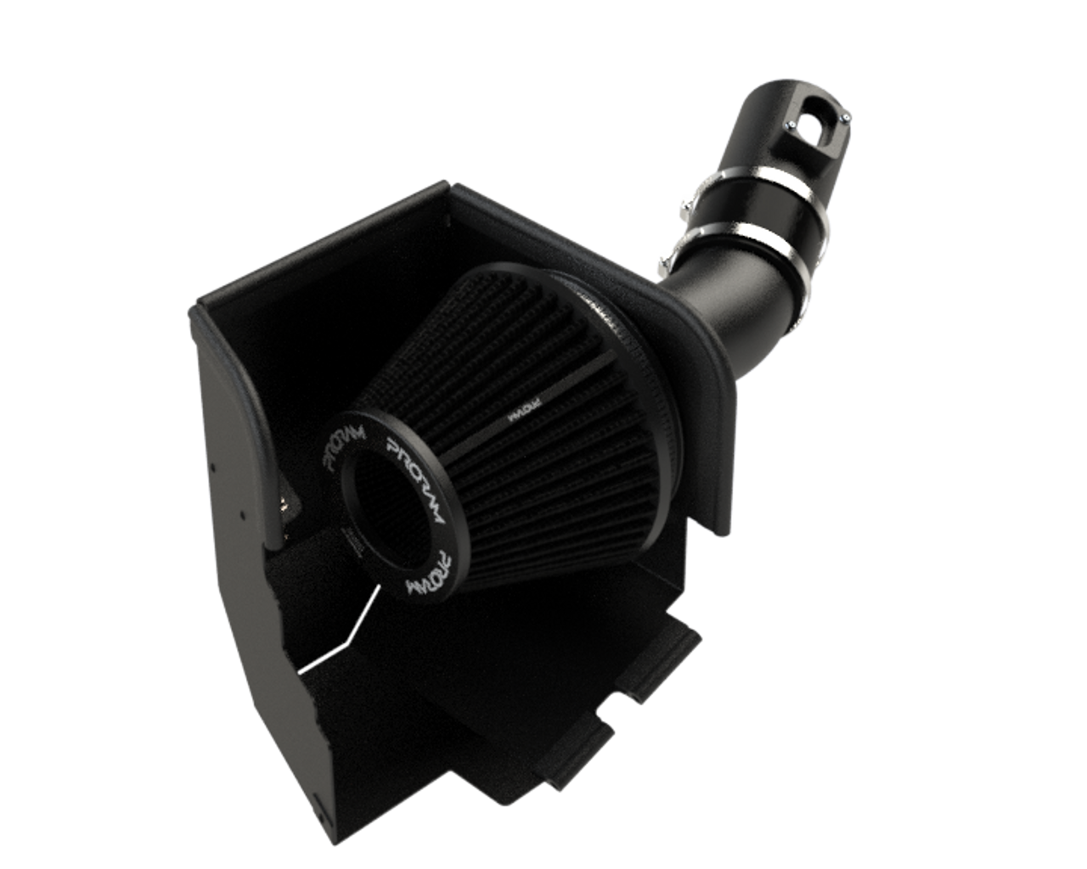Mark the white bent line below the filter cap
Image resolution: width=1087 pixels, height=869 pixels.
[340, 636]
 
